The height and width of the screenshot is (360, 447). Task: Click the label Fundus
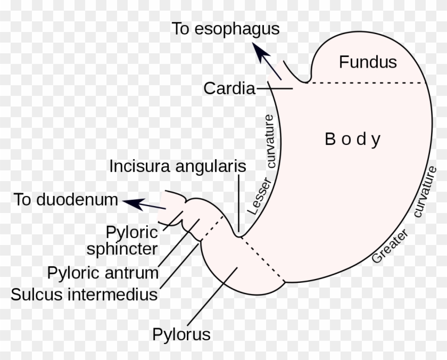(x=368, y=62)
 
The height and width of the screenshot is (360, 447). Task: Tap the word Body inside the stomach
(x=353, y=140)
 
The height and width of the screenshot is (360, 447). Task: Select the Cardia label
(x=229, y=88)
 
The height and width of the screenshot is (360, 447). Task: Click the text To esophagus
(x=225, y=29)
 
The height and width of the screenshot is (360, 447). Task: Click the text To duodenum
(x=65, y=200)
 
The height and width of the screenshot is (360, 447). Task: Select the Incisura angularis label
(x=178, y=166)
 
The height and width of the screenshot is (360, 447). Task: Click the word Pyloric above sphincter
(x=132, y=232)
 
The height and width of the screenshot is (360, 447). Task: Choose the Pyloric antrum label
(x=103, y=273)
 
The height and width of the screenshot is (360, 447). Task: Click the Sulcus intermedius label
(x=84, y=294)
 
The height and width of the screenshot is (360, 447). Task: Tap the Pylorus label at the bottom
(x=181, y=335)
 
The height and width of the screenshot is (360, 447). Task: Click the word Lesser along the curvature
(x=260, y=197)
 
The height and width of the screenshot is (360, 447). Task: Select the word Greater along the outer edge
(x=391, y=247)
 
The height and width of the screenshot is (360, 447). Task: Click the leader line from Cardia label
(x=274, y=88)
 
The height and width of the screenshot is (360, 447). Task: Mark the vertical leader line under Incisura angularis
(x=239, y=202)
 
